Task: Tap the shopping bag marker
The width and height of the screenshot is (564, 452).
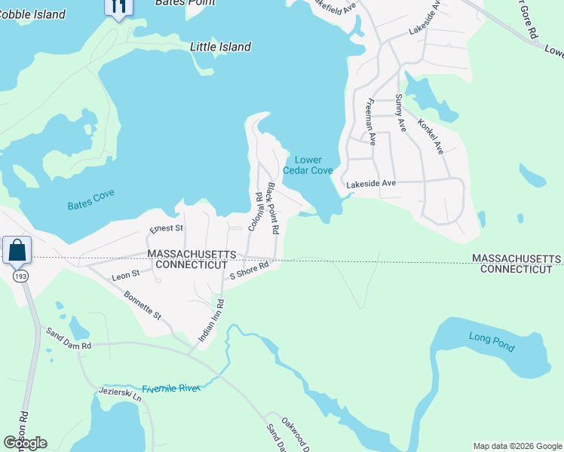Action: (17, 249)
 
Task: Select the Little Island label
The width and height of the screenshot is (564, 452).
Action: (220, 47)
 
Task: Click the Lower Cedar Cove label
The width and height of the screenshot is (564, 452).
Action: (308, 165)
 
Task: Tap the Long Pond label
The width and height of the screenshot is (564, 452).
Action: (491, 337)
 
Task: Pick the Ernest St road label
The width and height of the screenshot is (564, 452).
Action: (167, 228)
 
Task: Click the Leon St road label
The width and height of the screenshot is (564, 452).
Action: (126, 275)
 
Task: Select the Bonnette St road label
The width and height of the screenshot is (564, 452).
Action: (143, 305)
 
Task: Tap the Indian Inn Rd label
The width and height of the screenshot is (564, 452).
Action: (212, 322)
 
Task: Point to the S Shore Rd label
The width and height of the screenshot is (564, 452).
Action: (250, 270)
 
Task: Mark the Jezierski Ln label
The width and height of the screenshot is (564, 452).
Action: (120, 396)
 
